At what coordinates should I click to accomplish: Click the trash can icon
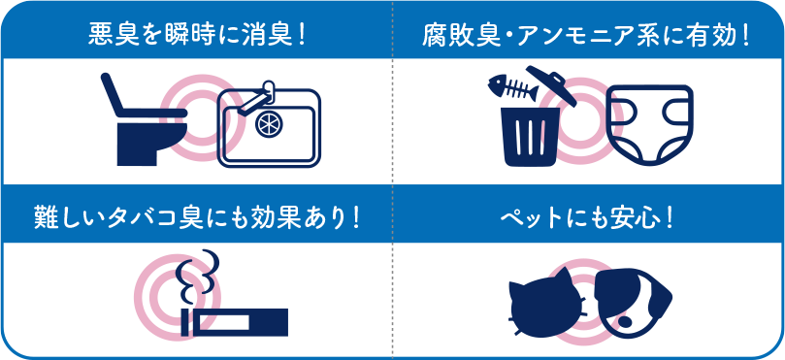tap(530, 136)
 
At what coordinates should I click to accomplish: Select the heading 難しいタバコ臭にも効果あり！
tap(198, 215)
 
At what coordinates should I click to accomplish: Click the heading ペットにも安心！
tap(587, 215)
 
